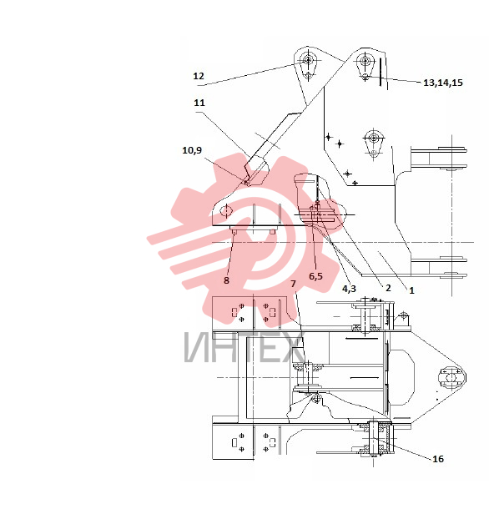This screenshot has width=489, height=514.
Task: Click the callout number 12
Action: pyautogui.click(x=199, y=76)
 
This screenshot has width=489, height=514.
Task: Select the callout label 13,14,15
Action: pyautogui.click(x=443, y=83)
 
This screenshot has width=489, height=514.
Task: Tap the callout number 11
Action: pyautogui.click(x=199, y=103)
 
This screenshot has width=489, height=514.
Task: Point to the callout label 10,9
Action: pyautogui.click(x=192, y=150)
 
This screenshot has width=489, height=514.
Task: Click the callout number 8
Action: pyautogui.click(x=226, y=280)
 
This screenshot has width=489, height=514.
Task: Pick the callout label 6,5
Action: pyautogui.click(x=315, y=276)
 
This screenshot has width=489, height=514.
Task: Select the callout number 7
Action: pyautogui.click(x=294, y=284)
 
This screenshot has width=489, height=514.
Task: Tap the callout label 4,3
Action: pyautogui.click(x=349, y=289)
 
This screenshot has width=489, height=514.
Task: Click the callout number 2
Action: pyautogui.click(x=388, y=288)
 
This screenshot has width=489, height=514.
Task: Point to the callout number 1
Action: pyautogui.click(x=411, y=290)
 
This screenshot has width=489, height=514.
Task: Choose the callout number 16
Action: pyautogui.click(x=438, y=459)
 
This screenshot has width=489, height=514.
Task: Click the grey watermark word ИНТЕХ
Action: pyautogui.click(x=244, y=347)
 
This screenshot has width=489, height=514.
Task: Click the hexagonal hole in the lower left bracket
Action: pyautogui.click(x=226, y=211)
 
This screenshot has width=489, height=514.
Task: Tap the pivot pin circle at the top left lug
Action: pyautogui.click(x=308, y=60)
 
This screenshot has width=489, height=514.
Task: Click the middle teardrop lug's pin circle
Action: pyautogui.click(x=373, y=138)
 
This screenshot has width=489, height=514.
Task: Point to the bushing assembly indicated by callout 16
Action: pyautogui.click(x=374, y=439)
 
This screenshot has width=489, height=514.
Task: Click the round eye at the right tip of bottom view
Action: pyautogui.click(x=451, y=378)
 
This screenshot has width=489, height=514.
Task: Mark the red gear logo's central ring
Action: pyautogui.click(x=259, y=237)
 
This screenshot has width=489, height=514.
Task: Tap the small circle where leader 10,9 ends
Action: pyautogui.click(x=247, y=183)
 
